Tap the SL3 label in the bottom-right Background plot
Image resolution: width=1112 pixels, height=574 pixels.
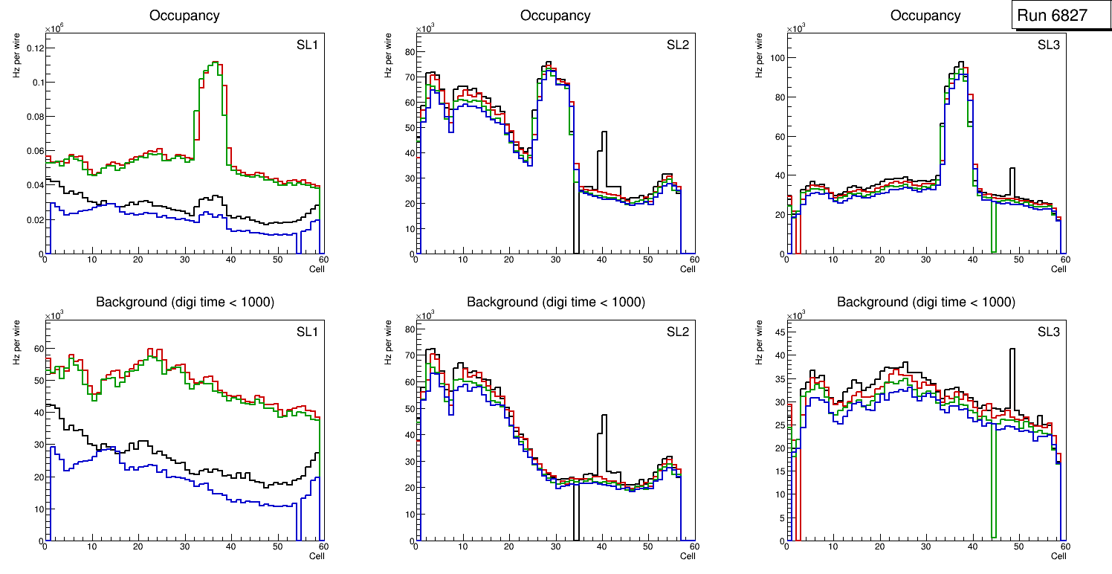point(1048,332)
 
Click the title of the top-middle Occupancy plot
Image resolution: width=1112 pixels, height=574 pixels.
point(555,16)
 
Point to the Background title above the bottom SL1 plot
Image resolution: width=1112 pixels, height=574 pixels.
point(185,302)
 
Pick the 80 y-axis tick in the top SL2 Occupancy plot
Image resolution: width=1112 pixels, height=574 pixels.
point(407,52)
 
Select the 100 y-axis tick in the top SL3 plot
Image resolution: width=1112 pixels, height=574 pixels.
point(775,58)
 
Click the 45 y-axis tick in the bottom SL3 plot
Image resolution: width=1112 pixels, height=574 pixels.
point(778,332)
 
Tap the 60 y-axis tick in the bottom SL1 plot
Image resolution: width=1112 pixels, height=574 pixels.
point(37,349)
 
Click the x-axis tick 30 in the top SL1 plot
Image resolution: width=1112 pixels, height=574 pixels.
point(184,259)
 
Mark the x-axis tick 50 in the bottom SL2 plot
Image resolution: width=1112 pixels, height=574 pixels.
point(647,546)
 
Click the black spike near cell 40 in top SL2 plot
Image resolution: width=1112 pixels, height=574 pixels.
point(604,133)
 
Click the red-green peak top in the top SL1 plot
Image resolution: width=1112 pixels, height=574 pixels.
point(213,63)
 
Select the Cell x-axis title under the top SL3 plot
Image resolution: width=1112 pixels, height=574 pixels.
point(1058,269)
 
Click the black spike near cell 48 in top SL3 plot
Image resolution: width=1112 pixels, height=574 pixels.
point(1012,170)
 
